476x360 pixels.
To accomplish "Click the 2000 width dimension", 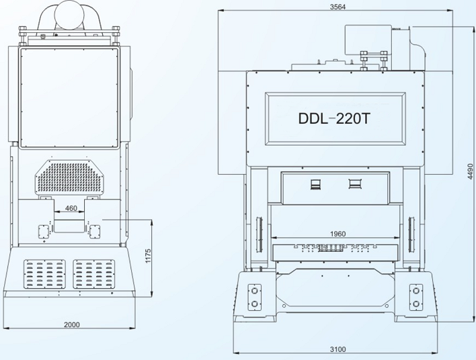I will (72, 324).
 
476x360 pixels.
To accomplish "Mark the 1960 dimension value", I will (338, 234).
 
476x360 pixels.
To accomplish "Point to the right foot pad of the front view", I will (418, 298).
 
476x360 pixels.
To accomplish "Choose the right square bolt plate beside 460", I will (94, 230).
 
